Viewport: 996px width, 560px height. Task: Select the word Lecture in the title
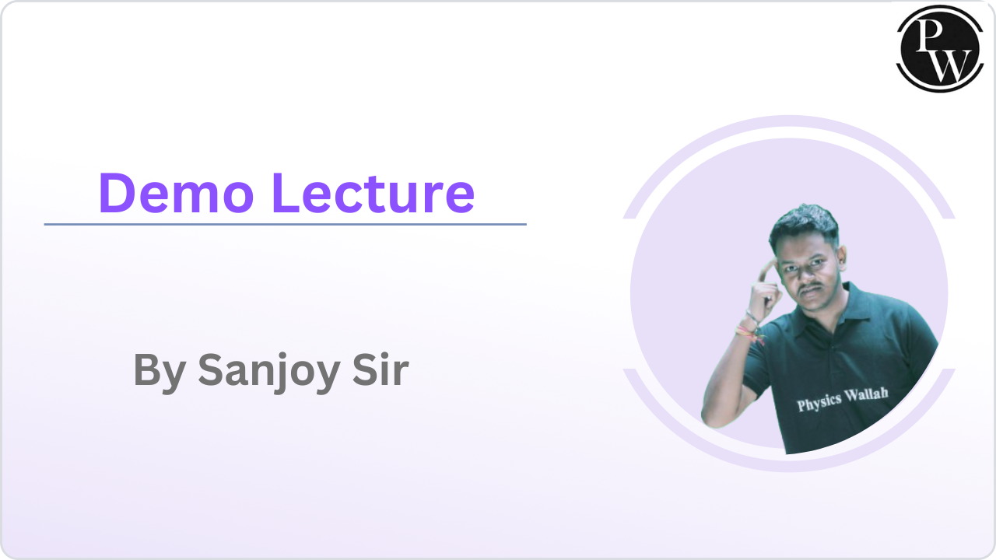point(373,193)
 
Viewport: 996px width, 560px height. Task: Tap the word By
point(160,370)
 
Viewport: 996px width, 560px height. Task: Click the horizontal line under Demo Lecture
point(285,224)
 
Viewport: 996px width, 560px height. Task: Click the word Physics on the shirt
point(819,401)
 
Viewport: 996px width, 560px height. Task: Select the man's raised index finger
point(767,268)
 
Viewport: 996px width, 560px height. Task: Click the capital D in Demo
point(114,193)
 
